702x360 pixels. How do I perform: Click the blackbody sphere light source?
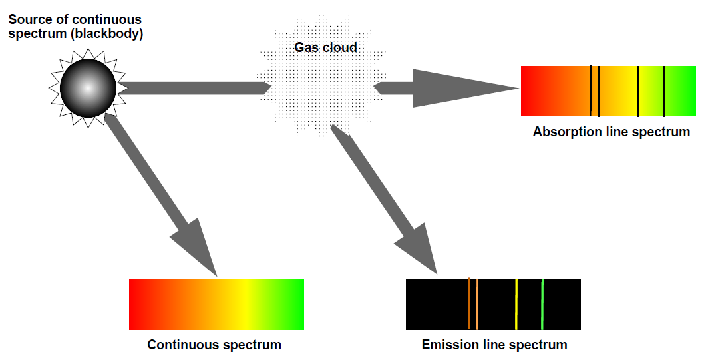(x=88, y=88)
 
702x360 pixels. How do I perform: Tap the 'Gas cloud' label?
(x=325, y=47)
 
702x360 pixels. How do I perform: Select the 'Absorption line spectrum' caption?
(x=611, y=132)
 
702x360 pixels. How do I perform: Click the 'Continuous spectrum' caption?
(x=214, y=345)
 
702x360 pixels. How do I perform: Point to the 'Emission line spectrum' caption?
(x=494, y=345)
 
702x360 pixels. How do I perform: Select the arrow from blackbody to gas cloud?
(x=193, y=88)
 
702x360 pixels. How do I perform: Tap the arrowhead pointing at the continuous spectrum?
(x=196, y=246)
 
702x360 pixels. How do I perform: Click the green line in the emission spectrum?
(x=542, y=304)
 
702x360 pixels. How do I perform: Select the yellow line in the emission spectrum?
(x=516, y=304)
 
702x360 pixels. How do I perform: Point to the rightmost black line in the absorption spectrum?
(x=663, y=91)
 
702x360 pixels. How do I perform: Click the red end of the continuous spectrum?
(x=136, y=304)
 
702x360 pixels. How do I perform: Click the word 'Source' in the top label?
(x=29, y=19)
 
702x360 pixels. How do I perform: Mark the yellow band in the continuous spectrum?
(x=245, y=304)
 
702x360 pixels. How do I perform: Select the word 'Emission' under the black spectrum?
(x=448, y=345)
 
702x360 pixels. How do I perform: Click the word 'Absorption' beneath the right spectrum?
(x=563, y=132)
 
